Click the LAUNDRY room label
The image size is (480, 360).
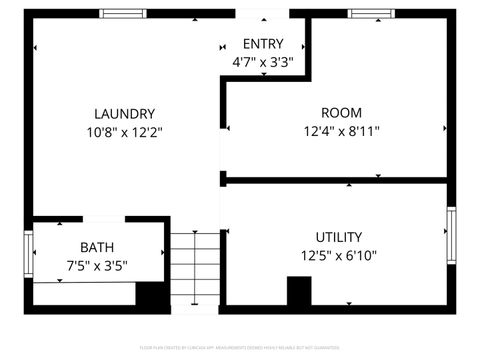[124, 113]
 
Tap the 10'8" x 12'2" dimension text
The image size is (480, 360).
[124, 131]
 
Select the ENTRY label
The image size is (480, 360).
[263, 44]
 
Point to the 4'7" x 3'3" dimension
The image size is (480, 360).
[263, 62]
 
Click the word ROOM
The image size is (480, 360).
[341, 113]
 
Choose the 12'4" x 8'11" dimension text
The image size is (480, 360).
[341, 131]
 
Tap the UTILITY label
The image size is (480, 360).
[339, 237]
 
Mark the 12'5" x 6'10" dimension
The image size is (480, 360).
[339, 255]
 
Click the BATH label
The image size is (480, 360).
[97, 247]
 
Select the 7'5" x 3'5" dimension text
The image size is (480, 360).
[97, 265]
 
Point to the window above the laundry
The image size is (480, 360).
[123, 13]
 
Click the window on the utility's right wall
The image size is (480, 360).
[451, 235]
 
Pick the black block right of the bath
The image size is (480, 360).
[151, 295]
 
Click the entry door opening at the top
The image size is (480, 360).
[263, 14]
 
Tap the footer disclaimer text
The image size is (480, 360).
[239, 348]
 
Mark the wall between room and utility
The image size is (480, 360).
[335, 180]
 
